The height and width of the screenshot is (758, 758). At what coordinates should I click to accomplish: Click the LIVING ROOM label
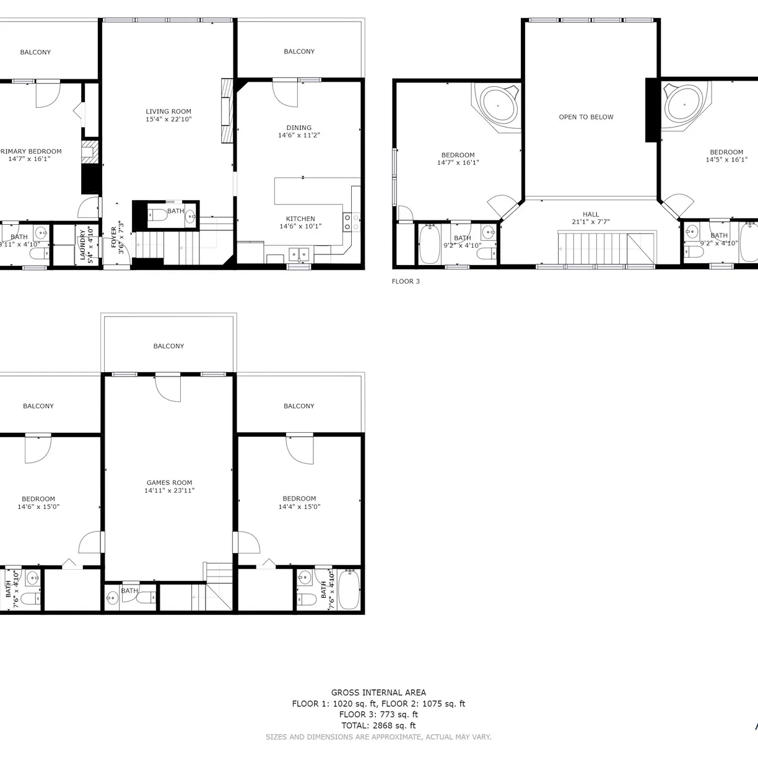point(168,111)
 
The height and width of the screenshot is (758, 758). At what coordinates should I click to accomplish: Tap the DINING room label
point(299,128)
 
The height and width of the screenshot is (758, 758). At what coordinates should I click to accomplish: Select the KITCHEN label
point(300,219)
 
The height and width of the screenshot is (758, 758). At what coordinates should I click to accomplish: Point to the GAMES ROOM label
point(169,482)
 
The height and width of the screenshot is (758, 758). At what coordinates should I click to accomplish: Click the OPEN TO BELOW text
point(586,117)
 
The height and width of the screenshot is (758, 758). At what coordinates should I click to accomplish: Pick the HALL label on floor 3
point(591,214)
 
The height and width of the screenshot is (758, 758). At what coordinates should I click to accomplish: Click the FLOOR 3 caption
point(406,281)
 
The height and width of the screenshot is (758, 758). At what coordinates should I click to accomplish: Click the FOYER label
point(114,235)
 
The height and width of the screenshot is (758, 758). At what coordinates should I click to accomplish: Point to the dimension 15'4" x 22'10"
point(168,120)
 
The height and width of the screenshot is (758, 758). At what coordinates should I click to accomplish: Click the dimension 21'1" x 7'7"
point(591,222)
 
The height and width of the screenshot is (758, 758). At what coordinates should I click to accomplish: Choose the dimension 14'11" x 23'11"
point(169,490)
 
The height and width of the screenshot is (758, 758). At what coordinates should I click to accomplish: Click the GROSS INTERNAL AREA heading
point(378,692)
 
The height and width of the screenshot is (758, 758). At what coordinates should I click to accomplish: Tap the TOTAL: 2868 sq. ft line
point(378,726)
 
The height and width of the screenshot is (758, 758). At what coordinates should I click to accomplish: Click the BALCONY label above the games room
point(168,346)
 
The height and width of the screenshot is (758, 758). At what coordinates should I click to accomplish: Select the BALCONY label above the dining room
point(299,51)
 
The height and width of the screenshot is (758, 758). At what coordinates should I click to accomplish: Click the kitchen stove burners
point(351,222)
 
